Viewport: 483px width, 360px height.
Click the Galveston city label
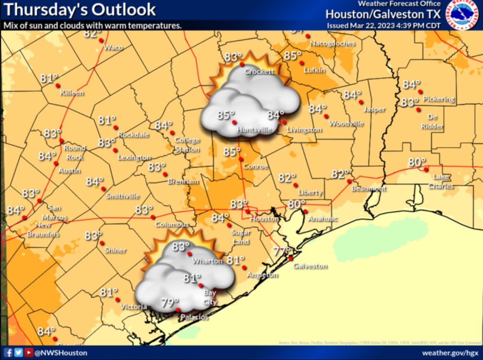point(310,266)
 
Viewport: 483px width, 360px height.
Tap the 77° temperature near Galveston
point(282,251)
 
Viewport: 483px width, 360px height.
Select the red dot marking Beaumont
point(349,181)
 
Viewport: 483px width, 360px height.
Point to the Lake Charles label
point(441,181)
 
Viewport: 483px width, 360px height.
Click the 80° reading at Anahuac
point(297,205)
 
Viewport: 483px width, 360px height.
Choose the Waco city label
point(113,47)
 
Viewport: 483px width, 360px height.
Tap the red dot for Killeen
point(57,85)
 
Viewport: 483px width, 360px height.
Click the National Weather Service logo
point(462,15)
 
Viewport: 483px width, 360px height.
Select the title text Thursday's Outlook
point(80,9)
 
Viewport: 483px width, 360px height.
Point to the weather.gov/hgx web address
point(449,353)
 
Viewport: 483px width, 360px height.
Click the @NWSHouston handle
point(61,353)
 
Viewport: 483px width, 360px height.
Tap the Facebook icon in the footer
point(9,352)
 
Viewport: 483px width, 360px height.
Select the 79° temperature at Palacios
point(170,303)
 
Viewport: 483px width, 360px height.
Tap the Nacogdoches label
point(332,43)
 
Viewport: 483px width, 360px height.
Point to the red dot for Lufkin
point(302,63)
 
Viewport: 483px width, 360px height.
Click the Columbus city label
point(172,225)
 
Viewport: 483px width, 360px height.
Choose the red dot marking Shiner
point(102,243)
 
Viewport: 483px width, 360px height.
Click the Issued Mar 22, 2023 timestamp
point(383,25)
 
